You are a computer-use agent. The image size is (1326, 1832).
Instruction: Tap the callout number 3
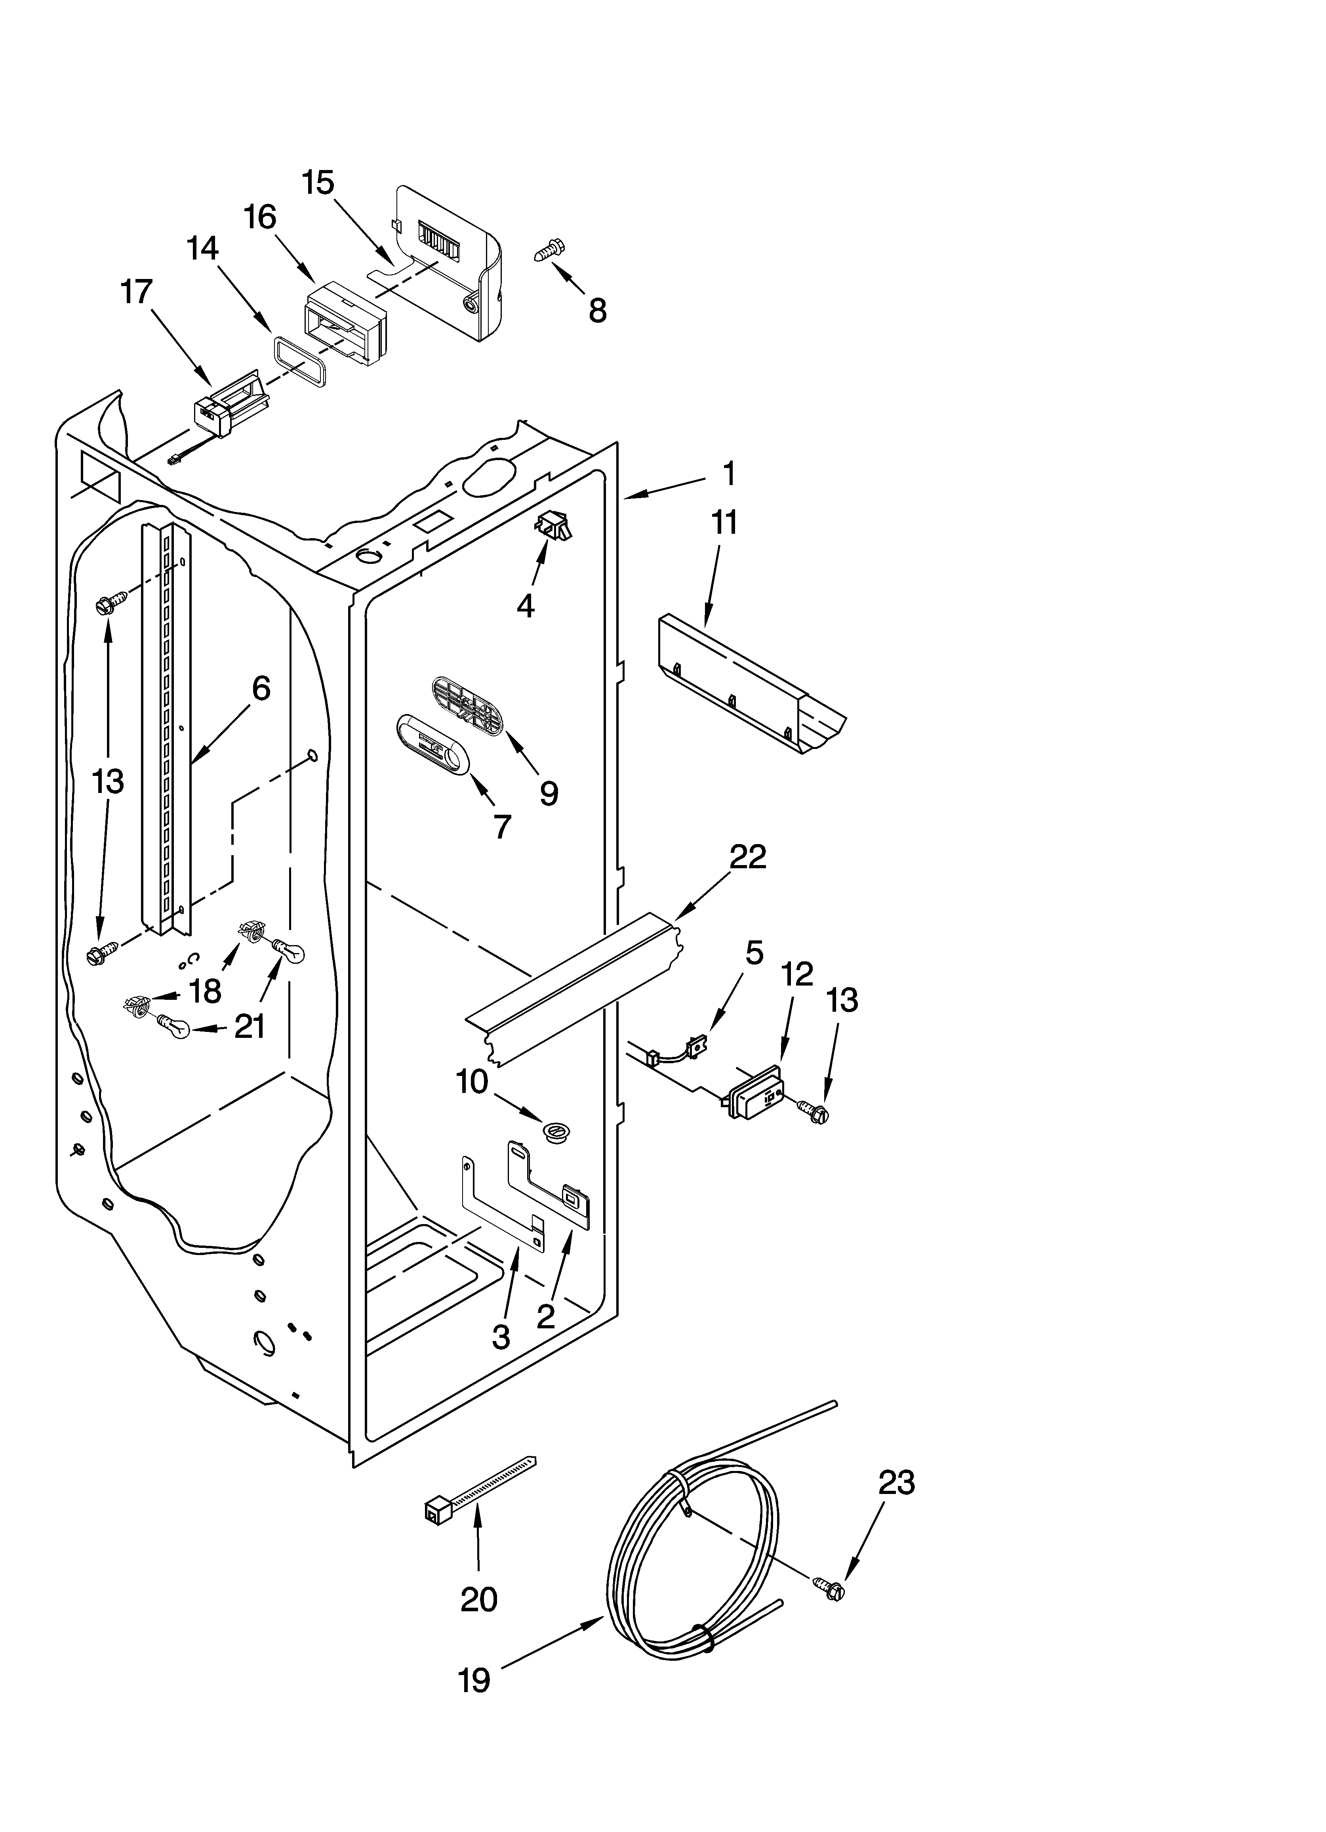(x=501, y=1337)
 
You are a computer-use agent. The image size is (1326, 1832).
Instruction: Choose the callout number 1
(x=728, y=473)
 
